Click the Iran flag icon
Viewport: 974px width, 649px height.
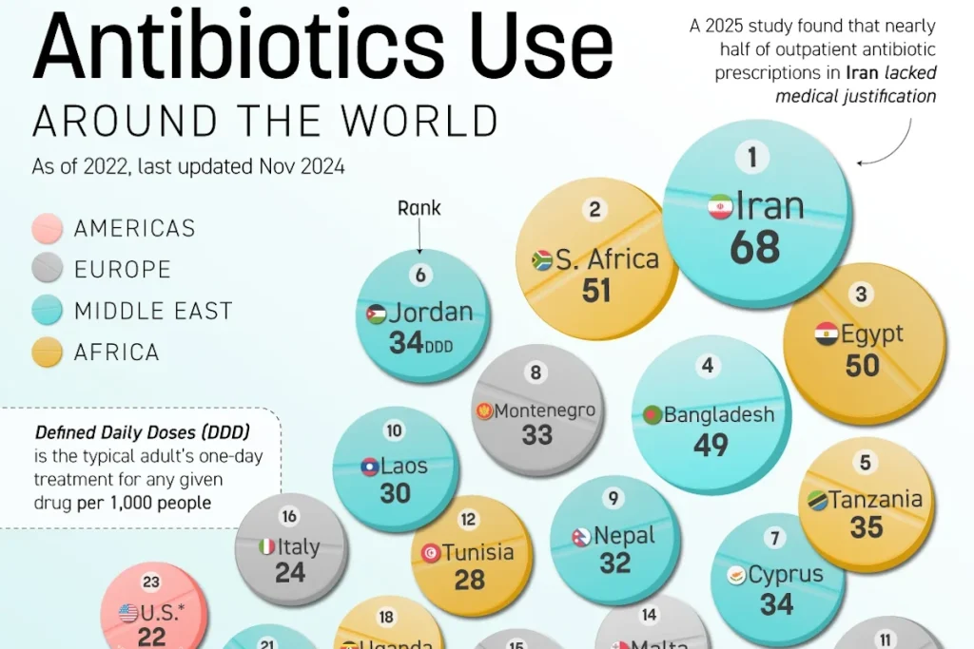[x=720, y=206]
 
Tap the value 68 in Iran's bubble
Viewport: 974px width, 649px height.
[x=755, y=247]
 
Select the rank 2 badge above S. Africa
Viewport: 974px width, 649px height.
[x=595, y=210]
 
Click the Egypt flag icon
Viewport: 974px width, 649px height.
[x=827, y=334]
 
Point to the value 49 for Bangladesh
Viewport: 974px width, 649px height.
[x=711, y=445]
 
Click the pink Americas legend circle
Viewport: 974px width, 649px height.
[x=47, y=228]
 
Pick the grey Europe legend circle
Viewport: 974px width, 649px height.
[x=47, y=269]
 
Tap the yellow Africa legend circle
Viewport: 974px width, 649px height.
[x=47, y=353]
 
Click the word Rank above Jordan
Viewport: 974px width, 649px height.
[x=419, y=207]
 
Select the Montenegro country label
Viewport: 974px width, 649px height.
[x=545, y=410]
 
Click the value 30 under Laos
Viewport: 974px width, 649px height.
[x=396, y=492]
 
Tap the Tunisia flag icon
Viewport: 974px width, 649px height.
[x=431, y=552]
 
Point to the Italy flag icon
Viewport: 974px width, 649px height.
[x=267, y=546]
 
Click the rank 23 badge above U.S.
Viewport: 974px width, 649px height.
[x=151, y=582]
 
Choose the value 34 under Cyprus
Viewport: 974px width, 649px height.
[x=776, y=603]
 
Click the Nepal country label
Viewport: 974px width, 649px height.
[x=625, y=536]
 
